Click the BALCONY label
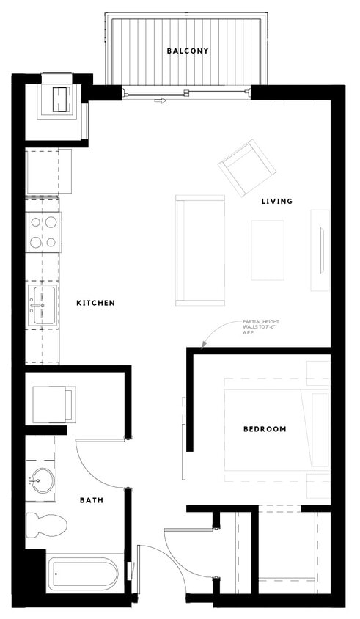(x=188, y=51)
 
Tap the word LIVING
(x=277, y=201)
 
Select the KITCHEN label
(x=95, y=303)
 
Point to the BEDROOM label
(x=265, y=429)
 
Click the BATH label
(x=91, y=500)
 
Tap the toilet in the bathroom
(x=45, y=524)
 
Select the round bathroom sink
(x=41, y=481)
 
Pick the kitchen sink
(x=41, y=305)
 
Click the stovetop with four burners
(x=43, y=231)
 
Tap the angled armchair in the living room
(x=248, y=168)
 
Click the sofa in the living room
(x=199, y=249)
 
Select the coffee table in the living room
(x=268, y=249)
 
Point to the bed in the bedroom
(x=275, y=430)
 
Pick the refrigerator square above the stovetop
(x=48, y=171)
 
